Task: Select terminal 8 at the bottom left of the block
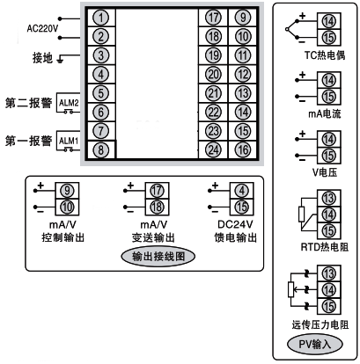(103, 149)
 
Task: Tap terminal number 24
(213, 149)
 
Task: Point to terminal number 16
(242, 149)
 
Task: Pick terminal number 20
(213, 74)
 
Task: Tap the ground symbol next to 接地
(60, 60)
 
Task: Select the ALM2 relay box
(69, 103)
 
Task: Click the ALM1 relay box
(69, 141)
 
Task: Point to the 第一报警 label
(26, 141)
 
